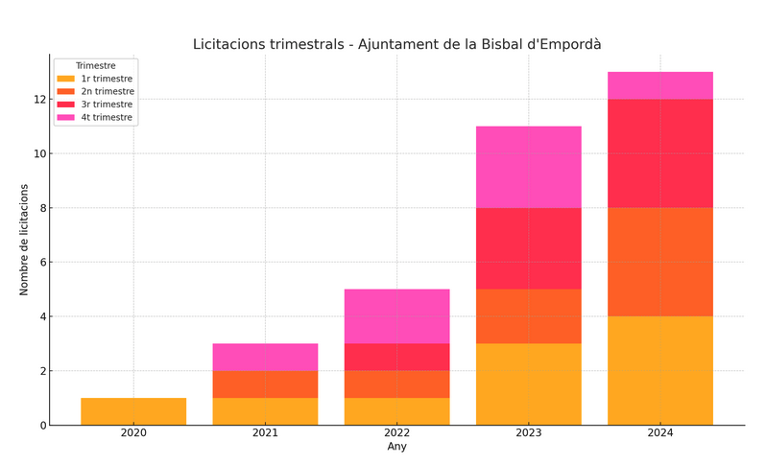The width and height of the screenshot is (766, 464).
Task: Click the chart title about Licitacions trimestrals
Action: click(396, 44)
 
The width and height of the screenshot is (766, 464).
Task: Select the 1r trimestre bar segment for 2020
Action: click(133, 411)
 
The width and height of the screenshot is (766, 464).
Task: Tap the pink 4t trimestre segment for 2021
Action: click(265, 357)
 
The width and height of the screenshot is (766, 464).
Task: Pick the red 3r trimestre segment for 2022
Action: click(396, 357)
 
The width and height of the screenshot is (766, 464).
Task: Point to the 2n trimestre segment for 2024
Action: click(659, 262)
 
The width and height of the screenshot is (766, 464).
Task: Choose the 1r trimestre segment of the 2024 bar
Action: click(659, 370)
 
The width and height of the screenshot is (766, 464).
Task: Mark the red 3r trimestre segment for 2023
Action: click(528, 248)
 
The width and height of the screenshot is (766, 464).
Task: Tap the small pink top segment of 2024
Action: click(659, 85)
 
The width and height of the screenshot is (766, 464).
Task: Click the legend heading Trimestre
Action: click(96, 65)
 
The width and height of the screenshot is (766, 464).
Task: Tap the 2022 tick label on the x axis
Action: click(396, 433)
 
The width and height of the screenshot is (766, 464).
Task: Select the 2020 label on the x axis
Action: click(133, 433)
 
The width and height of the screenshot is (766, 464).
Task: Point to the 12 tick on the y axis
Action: click(39, 100)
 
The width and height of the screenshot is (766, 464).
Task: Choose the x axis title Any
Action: click(396, 447)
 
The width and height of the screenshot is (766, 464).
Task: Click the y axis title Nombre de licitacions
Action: click(25, 240)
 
